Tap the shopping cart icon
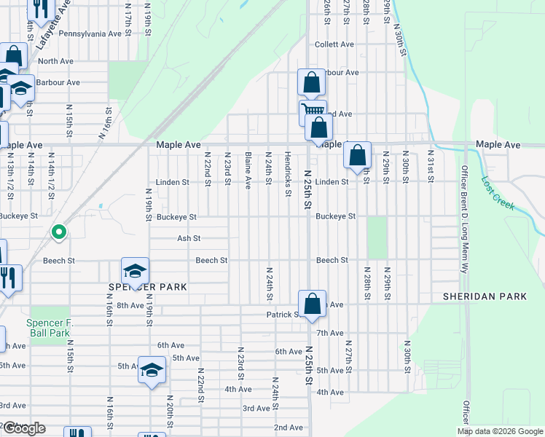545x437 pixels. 313,112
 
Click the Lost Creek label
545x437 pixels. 499,194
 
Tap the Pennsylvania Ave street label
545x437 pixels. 90,34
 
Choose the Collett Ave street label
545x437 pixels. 334,44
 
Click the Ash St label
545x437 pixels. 188,238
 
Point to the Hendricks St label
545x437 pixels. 288,168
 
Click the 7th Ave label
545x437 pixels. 331,333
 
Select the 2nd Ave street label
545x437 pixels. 288,427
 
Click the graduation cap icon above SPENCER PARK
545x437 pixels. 135,271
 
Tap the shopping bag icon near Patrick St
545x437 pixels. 312,304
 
